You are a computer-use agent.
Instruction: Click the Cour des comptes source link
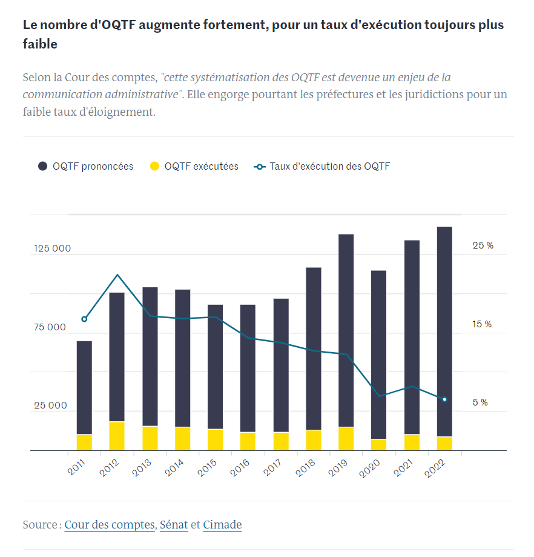109,525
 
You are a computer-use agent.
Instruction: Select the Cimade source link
222,525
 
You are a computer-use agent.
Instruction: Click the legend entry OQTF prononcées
85,166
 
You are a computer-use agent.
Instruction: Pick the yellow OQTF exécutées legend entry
194,166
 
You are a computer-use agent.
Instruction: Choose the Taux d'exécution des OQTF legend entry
322,166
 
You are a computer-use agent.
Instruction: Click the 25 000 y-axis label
50,405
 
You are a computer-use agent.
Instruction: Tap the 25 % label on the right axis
483,245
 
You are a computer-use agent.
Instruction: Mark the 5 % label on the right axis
480,402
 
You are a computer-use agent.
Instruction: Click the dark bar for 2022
444,327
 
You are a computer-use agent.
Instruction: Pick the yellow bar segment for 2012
117,436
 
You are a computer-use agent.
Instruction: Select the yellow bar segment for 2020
379,445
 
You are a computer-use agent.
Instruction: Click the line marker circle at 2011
84,319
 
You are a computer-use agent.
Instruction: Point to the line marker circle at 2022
444,399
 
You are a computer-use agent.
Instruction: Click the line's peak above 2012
117,275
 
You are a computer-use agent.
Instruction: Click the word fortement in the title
232,25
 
